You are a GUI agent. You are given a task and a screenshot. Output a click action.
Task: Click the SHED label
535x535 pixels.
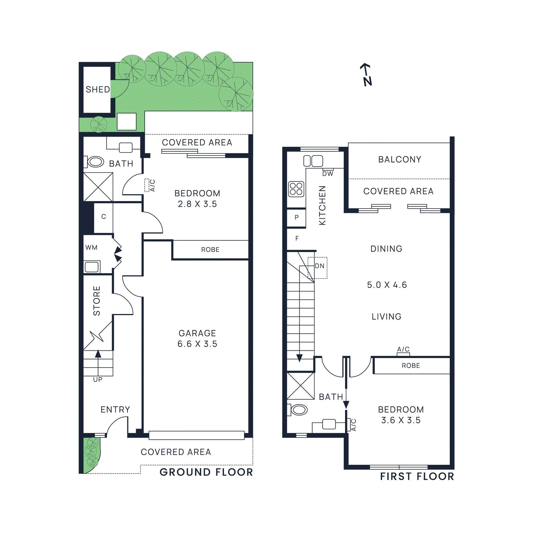[x=98, y=90]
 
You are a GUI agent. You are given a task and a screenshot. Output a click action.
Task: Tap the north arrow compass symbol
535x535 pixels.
[x=367, y=75]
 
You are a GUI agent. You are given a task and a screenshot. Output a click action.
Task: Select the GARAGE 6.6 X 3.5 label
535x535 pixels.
[x=197, y=338]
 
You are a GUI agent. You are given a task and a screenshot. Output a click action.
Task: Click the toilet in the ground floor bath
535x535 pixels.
[x=95, y=162]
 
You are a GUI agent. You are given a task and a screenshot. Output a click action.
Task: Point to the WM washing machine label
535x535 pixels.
[x=91, y=248]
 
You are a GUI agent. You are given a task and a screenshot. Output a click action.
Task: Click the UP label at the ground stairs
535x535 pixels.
[x=98, y=380]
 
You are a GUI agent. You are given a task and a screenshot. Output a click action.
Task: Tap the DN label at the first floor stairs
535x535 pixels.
[x=319, y=266]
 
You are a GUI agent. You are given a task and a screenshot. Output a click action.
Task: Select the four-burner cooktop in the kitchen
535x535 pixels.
[x=296, y=189]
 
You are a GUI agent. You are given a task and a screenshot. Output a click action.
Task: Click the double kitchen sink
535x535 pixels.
[x=313, y=161]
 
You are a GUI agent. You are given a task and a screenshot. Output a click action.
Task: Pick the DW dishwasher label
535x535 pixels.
[x=328, y=174]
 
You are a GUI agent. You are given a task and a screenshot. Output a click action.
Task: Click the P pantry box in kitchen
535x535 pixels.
[x=297, y=218]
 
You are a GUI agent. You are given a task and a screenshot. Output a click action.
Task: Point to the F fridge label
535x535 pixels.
[x=297, y=238]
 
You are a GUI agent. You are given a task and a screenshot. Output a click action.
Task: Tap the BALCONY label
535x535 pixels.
[x=400, y=159]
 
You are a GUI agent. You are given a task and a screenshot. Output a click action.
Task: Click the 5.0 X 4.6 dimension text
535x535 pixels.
[x=387, y=285]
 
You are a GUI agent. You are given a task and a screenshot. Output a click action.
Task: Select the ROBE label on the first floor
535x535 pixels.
[x=411, y=366]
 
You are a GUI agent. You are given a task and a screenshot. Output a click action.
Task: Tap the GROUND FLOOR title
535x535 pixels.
[x=206, y=472]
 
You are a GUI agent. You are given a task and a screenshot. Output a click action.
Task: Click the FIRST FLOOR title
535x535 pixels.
[x=417, y=476]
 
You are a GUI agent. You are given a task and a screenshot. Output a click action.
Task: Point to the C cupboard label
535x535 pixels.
[x=104, y=217]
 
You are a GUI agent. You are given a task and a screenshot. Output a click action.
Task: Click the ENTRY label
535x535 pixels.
[x=115, y=410]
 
